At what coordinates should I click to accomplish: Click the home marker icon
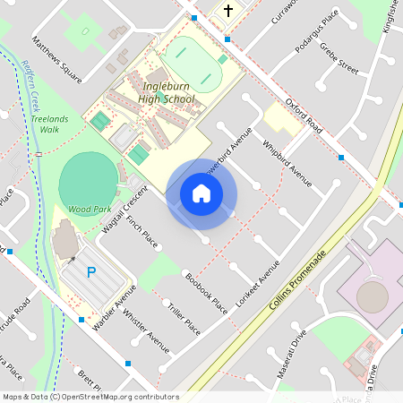[x=201, y=193]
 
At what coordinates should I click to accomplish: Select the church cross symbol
[x=228, y=12]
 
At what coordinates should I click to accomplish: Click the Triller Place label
[x=184, y=319]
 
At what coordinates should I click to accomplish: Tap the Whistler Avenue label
[x=146, y=330]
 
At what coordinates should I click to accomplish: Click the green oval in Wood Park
[x=87, y=178]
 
